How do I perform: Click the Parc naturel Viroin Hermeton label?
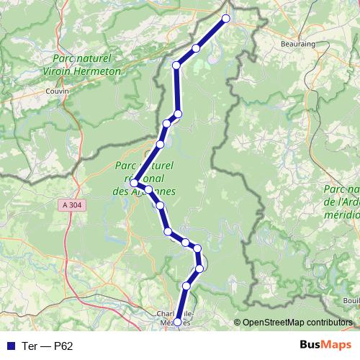(x=86, y=66)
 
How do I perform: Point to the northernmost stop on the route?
(x=226, y=19)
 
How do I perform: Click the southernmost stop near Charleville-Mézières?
(x=179, y=322)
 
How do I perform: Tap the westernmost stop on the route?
(x=135, y=184)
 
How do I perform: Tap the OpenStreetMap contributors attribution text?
(x=297, y=323)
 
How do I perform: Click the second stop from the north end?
(x=196, y=48)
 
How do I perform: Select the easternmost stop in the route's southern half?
(x=201, y=269)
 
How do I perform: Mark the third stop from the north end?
(x=176, y=66)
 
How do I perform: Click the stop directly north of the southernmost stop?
(x=186, y=287)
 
